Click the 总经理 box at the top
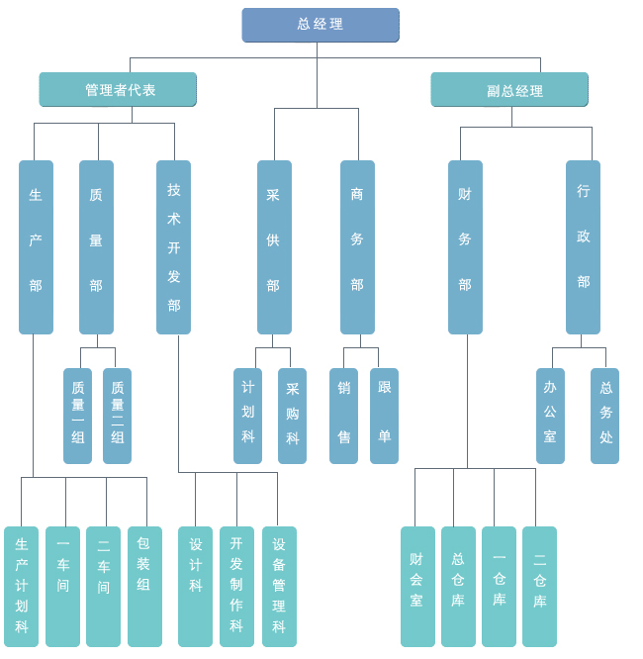click(x=321, y=25)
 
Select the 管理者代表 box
click(x=118, y=89)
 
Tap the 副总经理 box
click(x=509, y=89)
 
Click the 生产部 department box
click(x=36, y=246)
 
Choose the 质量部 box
click(x=96, y=246)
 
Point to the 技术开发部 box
click(x=173, y=246)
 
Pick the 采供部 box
click(x=274, y=246)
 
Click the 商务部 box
click(x=357, y=246)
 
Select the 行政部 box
click(x=583, y=246)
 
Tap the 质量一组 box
click(x=77, y=416)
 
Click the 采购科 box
click(x=292, y=416)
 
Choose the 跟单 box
click(x=384, y=416)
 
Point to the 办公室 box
click(x=550, y=416)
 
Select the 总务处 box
click(x=604, y=416)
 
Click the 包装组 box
click(x=144, y=586)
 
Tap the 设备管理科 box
click(x=279, y=586)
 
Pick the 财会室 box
click(x=417, y=586)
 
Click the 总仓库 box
click(x=458, y=586)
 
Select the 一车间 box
click(x=62, y=586)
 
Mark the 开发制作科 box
click(x=236, y=586)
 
